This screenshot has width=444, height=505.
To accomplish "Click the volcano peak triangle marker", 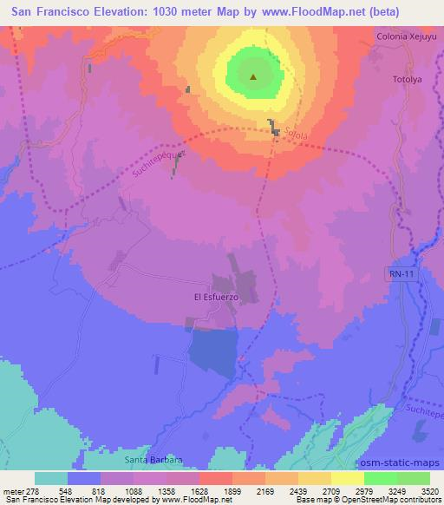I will pos(253,77).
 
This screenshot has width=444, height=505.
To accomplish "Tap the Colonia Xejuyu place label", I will pos(406,37).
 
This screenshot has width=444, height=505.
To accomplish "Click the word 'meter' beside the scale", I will pos(17,489).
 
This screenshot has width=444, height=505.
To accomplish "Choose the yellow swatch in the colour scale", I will pos(347,477).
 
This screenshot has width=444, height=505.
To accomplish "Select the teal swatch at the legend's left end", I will pos(51,477).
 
